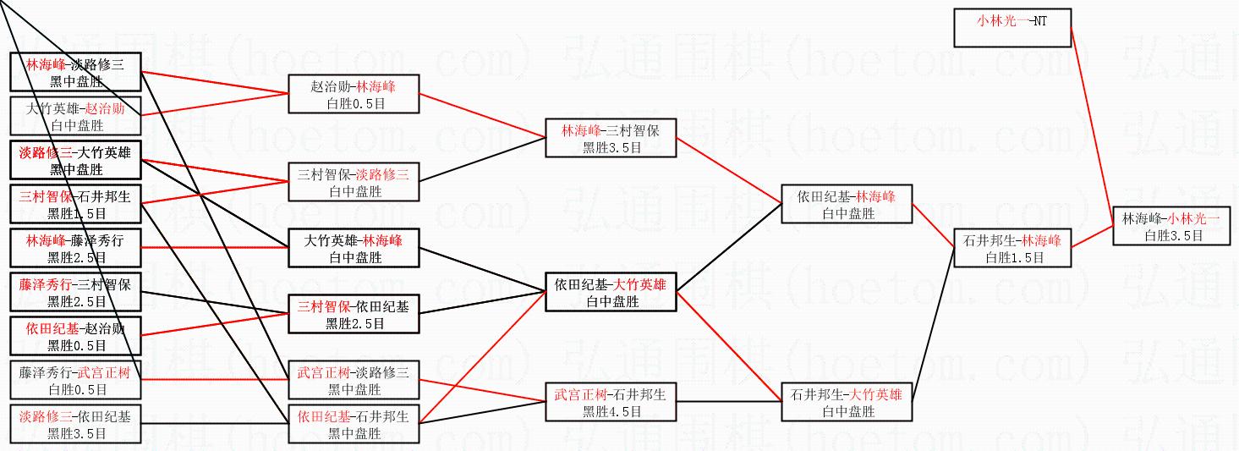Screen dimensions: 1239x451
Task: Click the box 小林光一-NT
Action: coord(1012,28)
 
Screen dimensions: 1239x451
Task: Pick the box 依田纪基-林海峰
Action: coord(847,204)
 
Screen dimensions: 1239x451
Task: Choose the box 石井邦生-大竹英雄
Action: coord(847,403)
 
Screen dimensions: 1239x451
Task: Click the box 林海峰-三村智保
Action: coord(611,138)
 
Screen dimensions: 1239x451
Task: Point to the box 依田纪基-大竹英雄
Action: coord(611,292)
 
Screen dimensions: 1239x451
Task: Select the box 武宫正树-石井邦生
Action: coord(611,402)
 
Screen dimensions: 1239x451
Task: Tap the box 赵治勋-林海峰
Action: coord(354,94)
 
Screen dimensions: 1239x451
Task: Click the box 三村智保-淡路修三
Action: coord(354,182)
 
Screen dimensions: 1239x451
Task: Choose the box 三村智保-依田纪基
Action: coord(354,314)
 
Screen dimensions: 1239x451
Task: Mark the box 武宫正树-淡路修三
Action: coord(354,380)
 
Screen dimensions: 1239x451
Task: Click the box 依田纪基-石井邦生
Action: coord(354,424)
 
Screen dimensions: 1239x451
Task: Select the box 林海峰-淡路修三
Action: coord(74,72)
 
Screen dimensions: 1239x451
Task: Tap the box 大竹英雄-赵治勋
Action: coord(74,116)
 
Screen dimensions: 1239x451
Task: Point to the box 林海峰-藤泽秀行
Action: coord(74,248)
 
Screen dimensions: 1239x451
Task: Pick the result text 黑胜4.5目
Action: coord(611,412)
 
